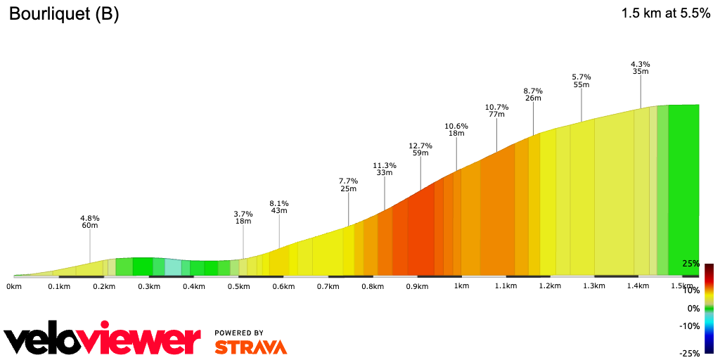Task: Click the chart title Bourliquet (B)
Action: point(64,15)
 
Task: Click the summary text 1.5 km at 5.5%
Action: point(666,13)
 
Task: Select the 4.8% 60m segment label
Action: point(90,221)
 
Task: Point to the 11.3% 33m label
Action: point(384,169)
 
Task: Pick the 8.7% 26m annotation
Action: point(533,94)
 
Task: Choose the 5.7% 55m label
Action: point(581,80)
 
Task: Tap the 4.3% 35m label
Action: point(641,67)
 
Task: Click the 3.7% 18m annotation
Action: point(243,217)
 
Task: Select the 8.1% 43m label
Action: point(279,207)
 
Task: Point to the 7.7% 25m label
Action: point(349,184)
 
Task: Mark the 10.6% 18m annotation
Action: point(456,129)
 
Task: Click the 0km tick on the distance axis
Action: point(14,286)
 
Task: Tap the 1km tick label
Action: point(461,286)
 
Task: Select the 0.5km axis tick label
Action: point(239,286)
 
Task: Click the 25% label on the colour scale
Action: point(690,264)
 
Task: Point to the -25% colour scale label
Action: point(689,353)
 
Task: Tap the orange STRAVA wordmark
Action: point(250,347)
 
